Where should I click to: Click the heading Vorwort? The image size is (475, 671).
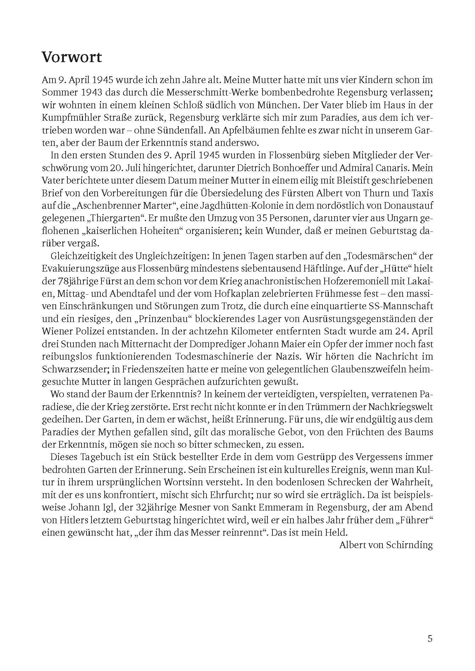pyautogui.click(x=72, y=57)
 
